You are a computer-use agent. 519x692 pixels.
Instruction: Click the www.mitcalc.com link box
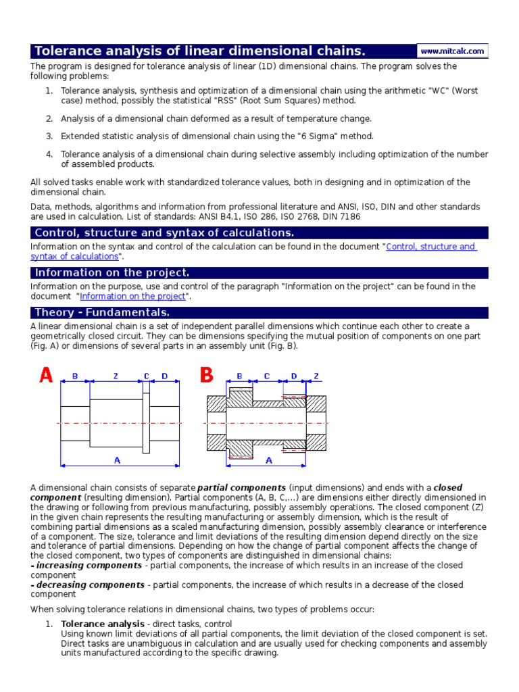[x=452, y=51]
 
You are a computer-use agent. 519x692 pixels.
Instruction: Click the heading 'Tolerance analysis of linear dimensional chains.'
[x=199, y=51]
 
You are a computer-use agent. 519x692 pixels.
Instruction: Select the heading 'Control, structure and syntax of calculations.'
[x=164, y=233]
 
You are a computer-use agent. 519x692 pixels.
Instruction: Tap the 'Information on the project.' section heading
[x=112, y=272]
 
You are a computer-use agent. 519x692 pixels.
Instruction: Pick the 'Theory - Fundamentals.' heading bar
[x=102, y=312]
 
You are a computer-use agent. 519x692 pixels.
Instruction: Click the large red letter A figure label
[x=46, y=376]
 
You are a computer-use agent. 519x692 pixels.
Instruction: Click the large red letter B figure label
[x=206, y=376]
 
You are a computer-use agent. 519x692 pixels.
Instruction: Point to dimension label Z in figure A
[x=116, y=376]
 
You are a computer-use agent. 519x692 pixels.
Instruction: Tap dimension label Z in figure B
[x=316, y=376]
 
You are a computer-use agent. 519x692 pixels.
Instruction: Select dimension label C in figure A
[x=147, y=376]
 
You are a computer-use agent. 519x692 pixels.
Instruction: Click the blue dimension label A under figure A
[x=117, y=460]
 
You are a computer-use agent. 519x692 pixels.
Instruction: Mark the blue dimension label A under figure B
[x=268, y=460]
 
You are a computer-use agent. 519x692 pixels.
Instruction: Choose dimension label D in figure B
[x=294, y=376]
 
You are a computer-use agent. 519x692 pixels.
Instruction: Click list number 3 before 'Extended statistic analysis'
[x=49, y=136]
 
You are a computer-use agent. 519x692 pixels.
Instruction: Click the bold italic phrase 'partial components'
[x=241, y=488]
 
